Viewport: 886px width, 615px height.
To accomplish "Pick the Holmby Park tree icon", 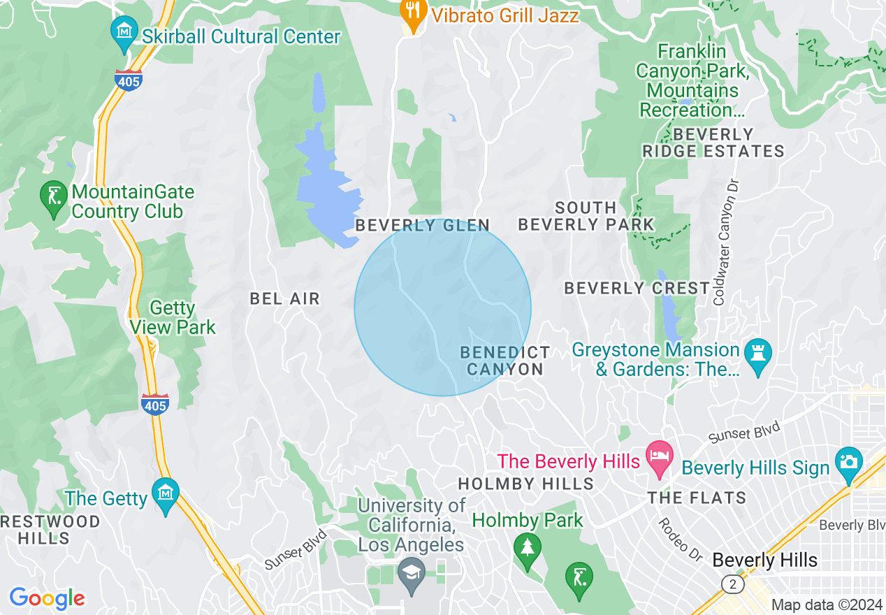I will coord(528,547).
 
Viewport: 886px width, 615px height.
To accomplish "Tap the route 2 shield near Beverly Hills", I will coord(732,584).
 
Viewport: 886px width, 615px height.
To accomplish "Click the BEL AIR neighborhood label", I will coord(284,299).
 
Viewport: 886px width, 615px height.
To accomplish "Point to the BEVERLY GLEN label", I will coord(423,225).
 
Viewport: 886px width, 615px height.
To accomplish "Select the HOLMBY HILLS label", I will coord(525,484).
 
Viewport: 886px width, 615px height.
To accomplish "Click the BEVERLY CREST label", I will coord(637,288).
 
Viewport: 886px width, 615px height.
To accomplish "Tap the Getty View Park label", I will coord(173,317).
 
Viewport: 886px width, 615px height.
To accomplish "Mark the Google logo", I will coord(47,598).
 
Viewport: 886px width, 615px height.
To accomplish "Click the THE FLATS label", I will coord(697,498).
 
